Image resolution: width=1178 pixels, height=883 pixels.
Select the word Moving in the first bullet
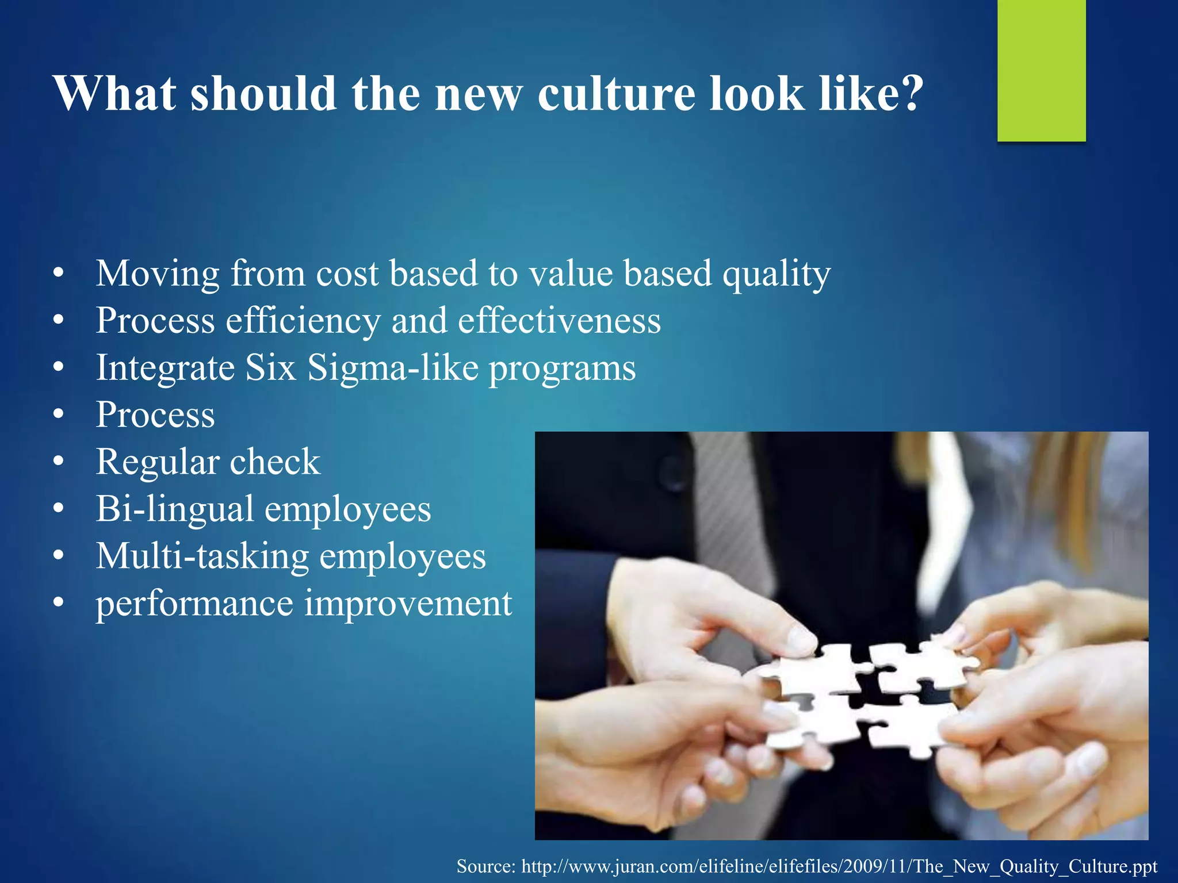point(158,274)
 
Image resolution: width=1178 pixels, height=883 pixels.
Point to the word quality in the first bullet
point(777,275)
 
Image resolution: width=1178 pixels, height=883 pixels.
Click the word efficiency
point(303,321)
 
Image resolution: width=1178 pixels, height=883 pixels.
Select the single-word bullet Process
point(155,415)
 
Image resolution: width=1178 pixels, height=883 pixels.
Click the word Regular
point(158,463)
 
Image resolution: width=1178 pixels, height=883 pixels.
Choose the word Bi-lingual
point(175,510)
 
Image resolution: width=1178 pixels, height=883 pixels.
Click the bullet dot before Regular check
point(58,462)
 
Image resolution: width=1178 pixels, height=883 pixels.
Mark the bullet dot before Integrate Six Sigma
point(58,368)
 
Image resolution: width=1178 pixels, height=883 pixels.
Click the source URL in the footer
point(839,866)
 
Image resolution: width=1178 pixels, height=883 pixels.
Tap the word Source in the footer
point(486,866)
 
